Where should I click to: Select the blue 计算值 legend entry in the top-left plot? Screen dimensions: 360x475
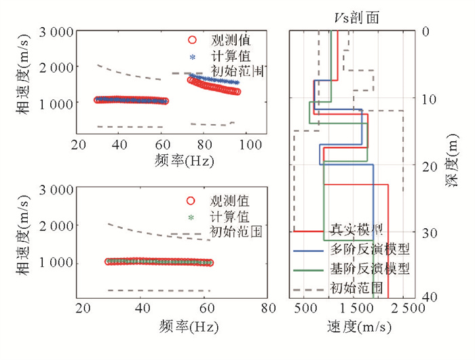220,56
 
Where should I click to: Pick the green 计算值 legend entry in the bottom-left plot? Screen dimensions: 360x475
220,217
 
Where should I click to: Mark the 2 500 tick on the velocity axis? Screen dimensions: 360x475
409,308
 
